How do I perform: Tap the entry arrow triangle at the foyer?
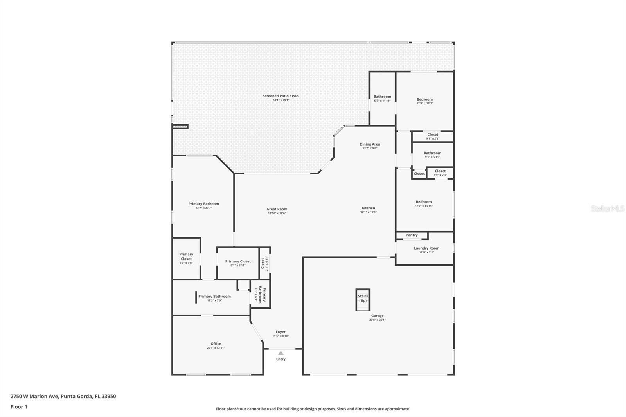(x=281, y=353)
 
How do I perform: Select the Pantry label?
(x=412, y=235)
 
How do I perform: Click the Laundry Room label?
(x=426, y=248)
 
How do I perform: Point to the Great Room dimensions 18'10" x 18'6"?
(x=277, y=214)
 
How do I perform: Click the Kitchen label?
(x=368, y=208)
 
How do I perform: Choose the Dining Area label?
(x=370, y=144)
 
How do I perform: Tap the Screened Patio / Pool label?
(x=281, y=96)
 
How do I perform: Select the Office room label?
(x=216, y=344)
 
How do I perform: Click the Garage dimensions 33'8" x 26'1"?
(x=377, y=320)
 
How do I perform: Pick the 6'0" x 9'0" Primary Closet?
(x=186, y=258)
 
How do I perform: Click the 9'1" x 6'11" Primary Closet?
(x=238, y=263)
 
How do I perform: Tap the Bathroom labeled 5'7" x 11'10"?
(x=382, y=98)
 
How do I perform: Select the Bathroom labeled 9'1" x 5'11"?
(x=432, y=155)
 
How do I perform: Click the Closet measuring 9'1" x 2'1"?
(x=433, y=136)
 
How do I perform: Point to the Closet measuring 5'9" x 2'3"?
(x=440, y=173)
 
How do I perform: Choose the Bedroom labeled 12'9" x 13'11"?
(x=424, y=203)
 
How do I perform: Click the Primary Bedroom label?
(x=203, y=204)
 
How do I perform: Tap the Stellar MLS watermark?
(x=607, y=208)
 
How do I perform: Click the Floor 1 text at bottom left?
(x=19, y=407)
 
